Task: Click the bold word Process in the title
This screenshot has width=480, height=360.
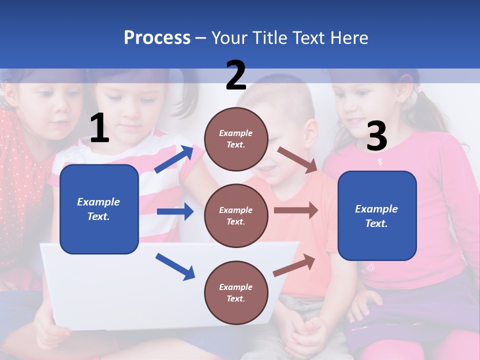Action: click(157, 37)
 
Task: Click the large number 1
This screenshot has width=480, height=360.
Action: click(99, 128)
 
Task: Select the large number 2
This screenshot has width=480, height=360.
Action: click(236, 75)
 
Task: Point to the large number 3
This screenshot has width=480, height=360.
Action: click(376, 136)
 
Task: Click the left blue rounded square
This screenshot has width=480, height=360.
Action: click(99, 209)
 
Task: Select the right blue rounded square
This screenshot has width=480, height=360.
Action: click(377, 215)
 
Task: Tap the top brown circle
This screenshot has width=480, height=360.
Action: click(236, 138)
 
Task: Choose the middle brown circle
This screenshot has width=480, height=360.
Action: click(236, 215)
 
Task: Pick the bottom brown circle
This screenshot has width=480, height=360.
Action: click(236, 292)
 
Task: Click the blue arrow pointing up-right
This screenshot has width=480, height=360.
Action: click(174, 159)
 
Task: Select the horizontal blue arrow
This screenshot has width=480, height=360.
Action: click(175, 211)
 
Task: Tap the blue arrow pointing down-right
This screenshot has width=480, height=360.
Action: click(175, 266)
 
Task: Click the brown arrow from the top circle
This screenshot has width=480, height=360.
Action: click(297, 159)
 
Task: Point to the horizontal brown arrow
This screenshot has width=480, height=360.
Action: click(296, 210)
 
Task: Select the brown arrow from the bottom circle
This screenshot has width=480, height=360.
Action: click(294, 265)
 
